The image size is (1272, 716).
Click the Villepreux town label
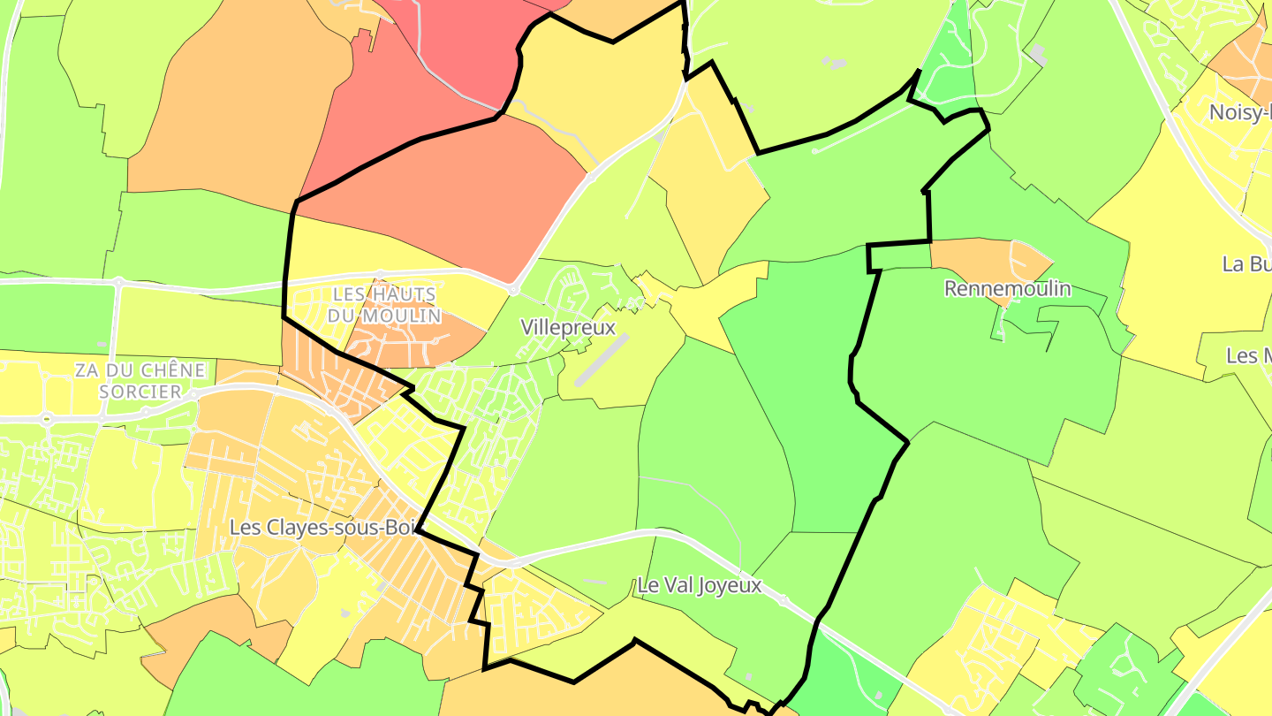point(568,327)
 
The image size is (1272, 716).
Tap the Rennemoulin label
point(1007,288)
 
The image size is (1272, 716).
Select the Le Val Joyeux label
point(699,585)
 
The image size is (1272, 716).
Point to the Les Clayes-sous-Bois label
point(322,527)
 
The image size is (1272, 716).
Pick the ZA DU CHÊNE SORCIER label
point(140,380)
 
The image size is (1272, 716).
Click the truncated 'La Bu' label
point(1246,263)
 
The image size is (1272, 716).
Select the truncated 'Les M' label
point(1248,355)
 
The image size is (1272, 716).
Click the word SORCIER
point(140,391)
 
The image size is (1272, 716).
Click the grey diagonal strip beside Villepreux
point(602,360)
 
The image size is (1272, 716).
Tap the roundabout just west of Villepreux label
point(512,289)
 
